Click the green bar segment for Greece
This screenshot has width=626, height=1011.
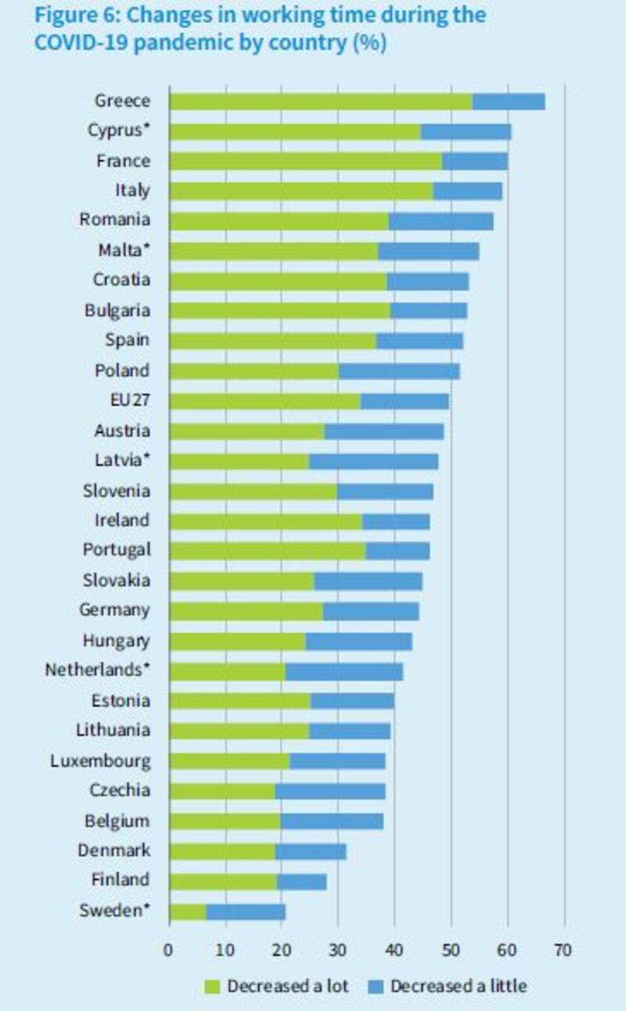(x=321, y=102)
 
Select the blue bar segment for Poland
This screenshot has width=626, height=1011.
(x=399, y=371)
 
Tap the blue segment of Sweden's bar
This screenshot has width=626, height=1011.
(x=246, y=912)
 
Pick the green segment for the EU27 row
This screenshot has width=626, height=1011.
(x=264, y=401)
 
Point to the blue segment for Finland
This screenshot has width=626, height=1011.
(x=301, y=881)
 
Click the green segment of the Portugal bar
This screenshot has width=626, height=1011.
(x=267, y=551)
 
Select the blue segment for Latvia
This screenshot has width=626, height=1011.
(x=373, y=462)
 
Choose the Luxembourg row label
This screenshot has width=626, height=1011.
(x=100, y=761)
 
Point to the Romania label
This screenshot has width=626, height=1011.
(x=114, y=220)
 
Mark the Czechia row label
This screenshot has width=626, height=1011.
(x=119, y=790)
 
